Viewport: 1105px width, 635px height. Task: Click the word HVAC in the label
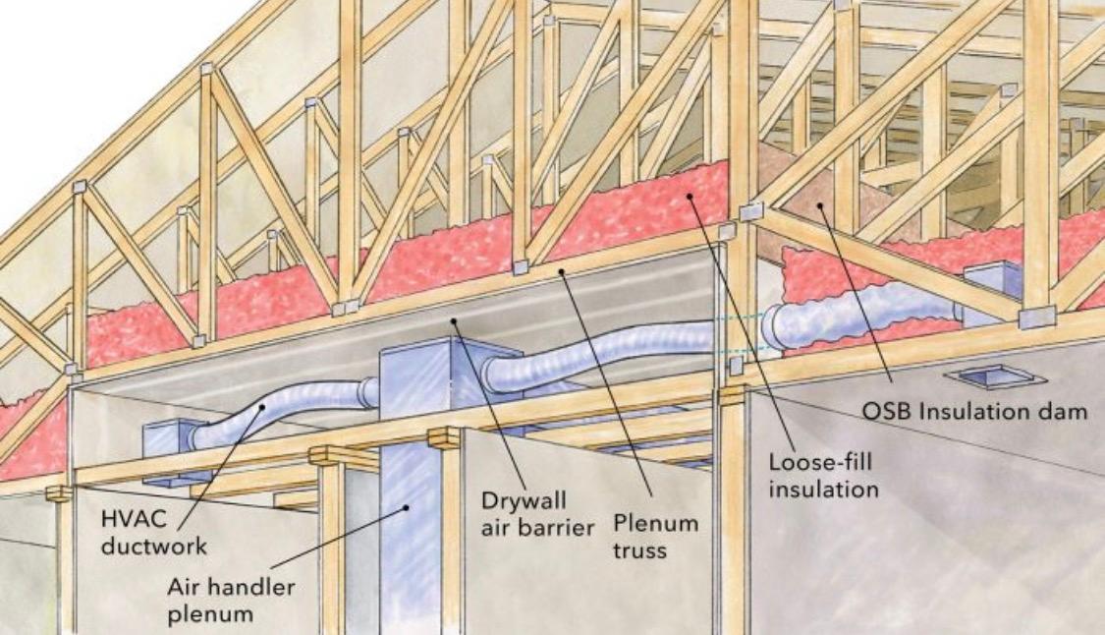pos(134,519)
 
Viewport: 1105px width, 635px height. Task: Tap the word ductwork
pos(154,547)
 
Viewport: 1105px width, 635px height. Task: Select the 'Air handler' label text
pos(231,587)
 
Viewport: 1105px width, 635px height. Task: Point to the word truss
pos(639,549)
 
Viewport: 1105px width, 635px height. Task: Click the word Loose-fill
pos(820,463)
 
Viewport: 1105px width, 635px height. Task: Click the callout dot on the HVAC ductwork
pos(261,406)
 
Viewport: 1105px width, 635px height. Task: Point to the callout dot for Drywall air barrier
pos(455,321)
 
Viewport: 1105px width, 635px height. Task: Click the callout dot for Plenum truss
pos(562,270)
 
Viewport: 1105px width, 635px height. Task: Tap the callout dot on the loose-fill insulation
pos(690,196)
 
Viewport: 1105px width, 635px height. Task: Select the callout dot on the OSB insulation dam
pos(820,205)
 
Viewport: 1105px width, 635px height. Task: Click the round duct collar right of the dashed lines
pos(777,328)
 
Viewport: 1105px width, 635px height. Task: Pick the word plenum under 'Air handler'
pos(211,613)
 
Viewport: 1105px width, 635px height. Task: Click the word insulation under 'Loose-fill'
pos(824,489)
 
